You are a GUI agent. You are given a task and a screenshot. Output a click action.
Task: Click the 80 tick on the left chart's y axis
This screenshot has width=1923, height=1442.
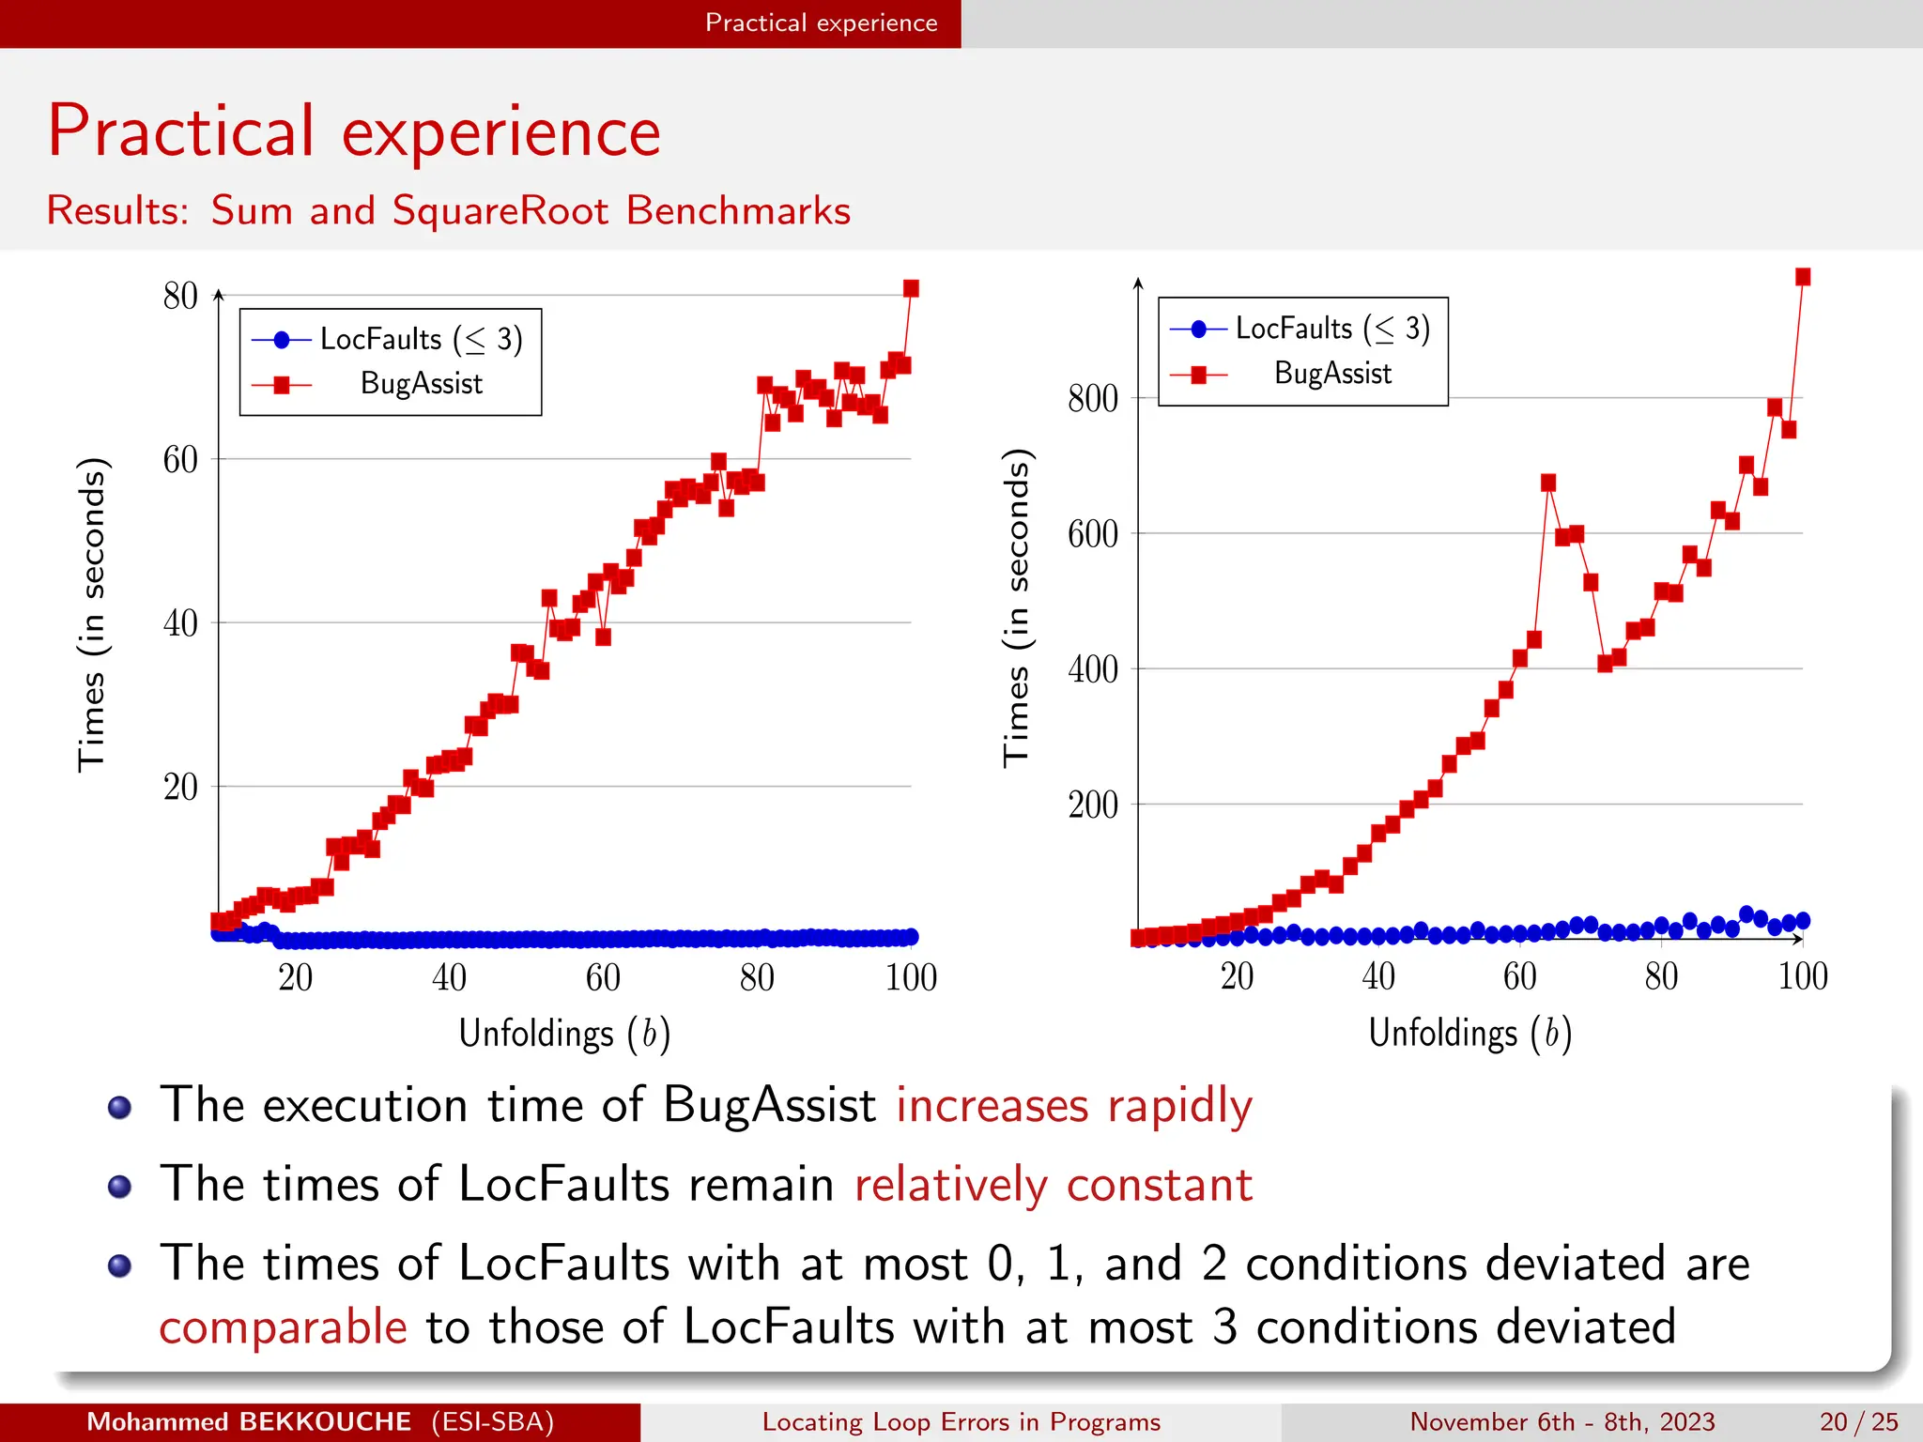tap(180, 296)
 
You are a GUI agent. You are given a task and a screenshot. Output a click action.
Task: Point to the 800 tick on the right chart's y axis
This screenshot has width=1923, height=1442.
tap(1092, 398)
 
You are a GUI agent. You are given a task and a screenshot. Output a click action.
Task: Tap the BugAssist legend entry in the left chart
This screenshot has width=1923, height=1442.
tap(421, 384)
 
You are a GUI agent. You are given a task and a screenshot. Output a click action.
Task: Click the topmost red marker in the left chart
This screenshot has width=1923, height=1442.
tap(911, 288)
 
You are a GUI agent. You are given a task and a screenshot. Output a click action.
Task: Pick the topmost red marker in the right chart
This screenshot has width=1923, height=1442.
tap(1803, 277)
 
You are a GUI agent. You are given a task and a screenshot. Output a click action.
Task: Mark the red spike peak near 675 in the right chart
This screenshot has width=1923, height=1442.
tap(1548, 483)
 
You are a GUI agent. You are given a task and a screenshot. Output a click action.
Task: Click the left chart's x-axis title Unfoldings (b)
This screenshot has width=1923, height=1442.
tap(564, 1034)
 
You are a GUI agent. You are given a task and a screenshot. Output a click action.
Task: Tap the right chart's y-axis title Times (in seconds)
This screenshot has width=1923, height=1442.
tap(1016, 608)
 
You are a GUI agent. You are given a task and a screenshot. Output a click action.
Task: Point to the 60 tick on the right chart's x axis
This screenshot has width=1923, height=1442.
tap(1519, 976)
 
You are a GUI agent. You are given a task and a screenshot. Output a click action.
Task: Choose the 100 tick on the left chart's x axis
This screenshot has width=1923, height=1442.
tap(911, 978)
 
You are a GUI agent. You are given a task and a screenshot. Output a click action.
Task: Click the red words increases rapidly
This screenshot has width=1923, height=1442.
tap(1073, 1105)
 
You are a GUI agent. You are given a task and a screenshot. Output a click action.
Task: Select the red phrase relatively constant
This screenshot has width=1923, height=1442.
tap(1053, 1184)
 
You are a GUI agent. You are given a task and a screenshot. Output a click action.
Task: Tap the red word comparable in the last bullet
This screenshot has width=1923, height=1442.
tap(283, 1327)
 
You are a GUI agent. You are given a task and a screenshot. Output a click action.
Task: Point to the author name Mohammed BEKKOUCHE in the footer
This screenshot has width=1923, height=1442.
tap(249, 1421)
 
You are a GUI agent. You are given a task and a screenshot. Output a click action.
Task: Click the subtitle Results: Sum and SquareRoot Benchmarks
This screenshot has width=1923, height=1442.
tap(449, 210)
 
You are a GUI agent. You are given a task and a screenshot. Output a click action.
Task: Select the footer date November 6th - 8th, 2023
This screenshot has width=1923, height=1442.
tap(1561, 1421)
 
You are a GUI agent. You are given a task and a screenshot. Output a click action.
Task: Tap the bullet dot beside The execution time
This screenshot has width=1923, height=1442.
tap(119, 1108)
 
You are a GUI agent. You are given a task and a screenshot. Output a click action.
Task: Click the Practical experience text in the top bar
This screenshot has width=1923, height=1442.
tap(821, 23)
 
